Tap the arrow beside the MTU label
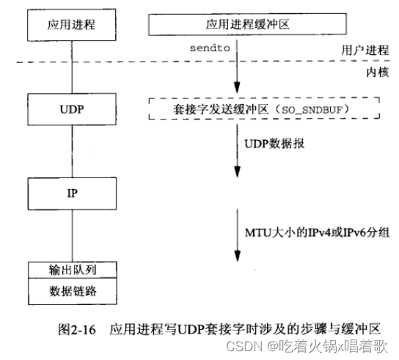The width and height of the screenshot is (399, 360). point(237,235)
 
